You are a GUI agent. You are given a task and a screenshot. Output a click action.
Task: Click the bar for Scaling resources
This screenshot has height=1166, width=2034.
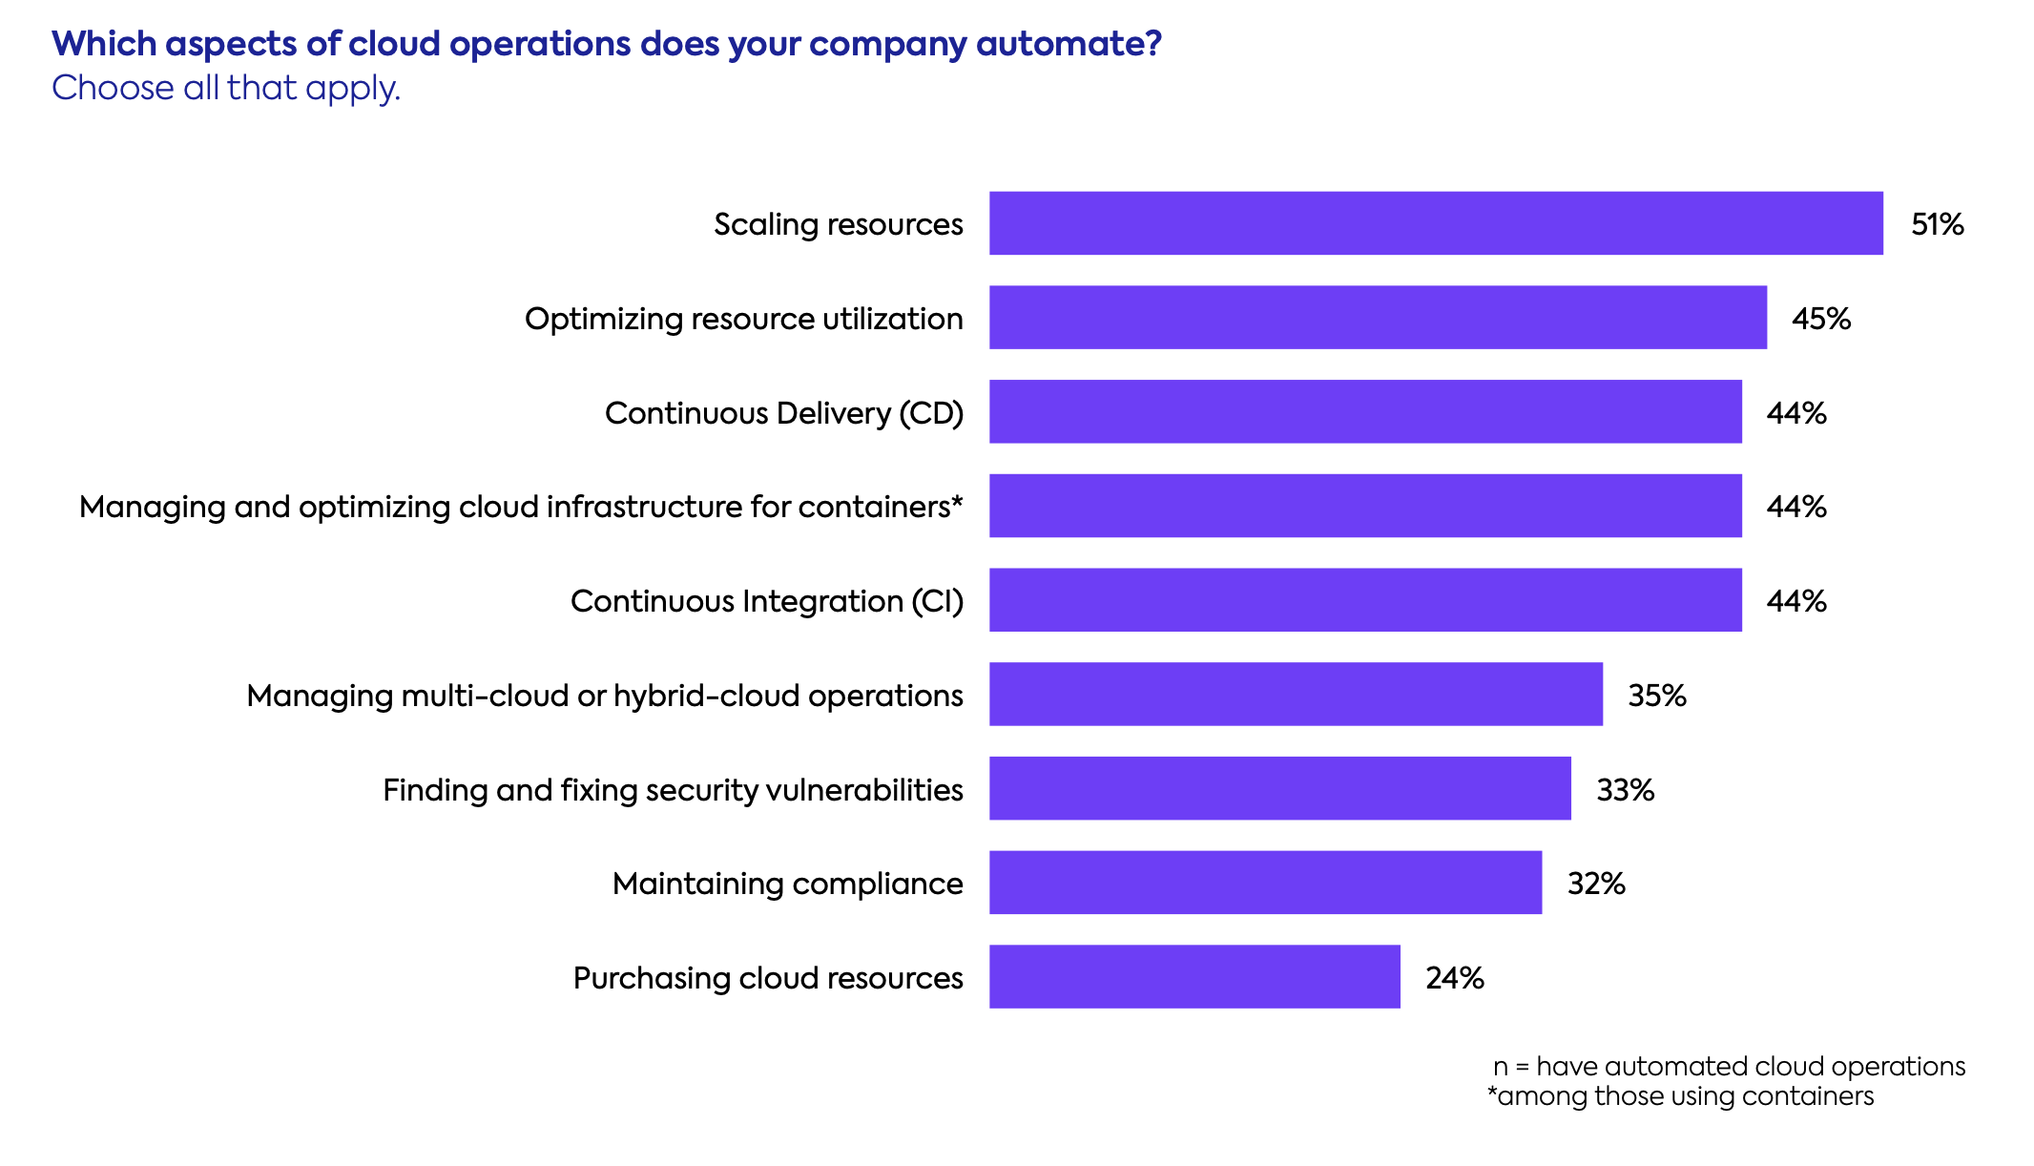point(1435,223)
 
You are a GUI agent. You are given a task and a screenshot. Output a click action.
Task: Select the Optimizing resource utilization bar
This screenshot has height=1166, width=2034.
point(1377,318)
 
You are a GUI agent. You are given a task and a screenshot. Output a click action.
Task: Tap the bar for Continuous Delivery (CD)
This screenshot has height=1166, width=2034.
point(1364,412)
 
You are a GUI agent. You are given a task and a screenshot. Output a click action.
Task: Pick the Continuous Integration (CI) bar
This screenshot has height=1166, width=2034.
point(1364,600)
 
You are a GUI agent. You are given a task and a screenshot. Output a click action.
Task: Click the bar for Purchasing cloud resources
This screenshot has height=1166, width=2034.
point(1193,977)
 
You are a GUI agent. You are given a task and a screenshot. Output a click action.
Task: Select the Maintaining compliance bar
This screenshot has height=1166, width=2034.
point(1264,883)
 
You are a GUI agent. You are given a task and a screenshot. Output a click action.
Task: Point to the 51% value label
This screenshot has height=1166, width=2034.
point(1937,224)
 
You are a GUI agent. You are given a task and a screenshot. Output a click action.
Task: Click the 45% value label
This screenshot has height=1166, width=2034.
point(1820,319)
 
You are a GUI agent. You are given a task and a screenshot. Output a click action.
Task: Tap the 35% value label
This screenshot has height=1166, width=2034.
point(1656,696)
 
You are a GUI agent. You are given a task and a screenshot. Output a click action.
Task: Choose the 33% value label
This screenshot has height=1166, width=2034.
point(1625,790)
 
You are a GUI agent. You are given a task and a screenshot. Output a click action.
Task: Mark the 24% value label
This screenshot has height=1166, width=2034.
point(1454,978)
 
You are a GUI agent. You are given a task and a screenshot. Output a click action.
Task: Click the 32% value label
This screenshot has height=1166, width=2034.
point(1595,884)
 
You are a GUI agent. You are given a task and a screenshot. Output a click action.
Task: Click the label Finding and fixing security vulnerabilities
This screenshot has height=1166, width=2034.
point(673,790)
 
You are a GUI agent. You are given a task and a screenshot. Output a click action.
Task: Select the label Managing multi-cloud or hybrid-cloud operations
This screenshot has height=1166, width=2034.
point(604,696)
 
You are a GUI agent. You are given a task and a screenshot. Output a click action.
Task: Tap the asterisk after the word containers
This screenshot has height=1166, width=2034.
point(957,501)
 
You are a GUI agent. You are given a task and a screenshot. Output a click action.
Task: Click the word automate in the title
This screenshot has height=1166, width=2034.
point(1061,44)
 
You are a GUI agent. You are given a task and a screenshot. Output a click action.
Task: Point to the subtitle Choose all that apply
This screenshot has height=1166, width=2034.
point(225,88)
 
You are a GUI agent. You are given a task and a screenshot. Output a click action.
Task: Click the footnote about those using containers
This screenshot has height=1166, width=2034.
point(1680,1096)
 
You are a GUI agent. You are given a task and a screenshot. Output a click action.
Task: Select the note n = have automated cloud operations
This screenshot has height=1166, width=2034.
point(1729,1066)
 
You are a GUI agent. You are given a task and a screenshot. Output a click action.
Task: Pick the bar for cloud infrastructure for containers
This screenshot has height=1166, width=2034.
point(1364,506)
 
